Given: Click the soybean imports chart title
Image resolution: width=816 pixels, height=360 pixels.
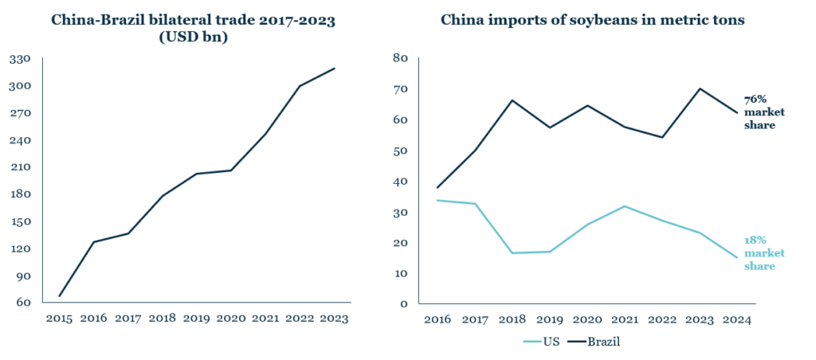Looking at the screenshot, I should pos(593,20).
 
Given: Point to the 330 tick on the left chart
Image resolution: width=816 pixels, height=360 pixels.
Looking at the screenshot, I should pos(20,58).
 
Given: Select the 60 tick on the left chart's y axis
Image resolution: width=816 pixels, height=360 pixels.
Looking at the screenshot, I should pos(23,303).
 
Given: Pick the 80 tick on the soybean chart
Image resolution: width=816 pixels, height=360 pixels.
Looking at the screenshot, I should pos(400,58).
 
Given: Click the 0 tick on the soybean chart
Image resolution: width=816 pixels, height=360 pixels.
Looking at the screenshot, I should pos(404,303).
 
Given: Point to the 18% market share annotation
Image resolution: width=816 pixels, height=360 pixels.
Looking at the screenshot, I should pos(763,253).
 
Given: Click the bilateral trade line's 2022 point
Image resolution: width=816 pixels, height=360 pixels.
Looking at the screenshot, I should pos(300,86).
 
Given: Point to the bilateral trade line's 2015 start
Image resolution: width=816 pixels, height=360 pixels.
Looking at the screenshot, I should pos(59,296).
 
